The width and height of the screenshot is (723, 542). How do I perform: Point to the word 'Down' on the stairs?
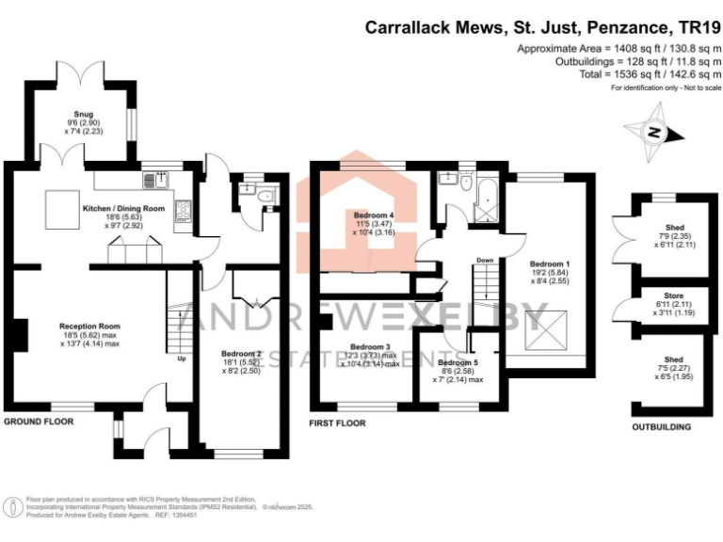pyautogui.click(x=485, y=261)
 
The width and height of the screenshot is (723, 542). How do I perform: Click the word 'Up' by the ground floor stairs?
pyautogui.click(x=181, y=359)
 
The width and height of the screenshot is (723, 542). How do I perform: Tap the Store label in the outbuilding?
pyautogui.click(x=668, y=302)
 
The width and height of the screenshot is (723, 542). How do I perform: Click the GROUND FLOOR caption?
pyautogui.click(x=40, y=422)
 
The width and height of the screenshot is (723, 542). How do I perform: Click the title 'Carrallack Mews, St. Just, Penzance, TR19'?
pyautogui.click(x=543, y=28)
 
